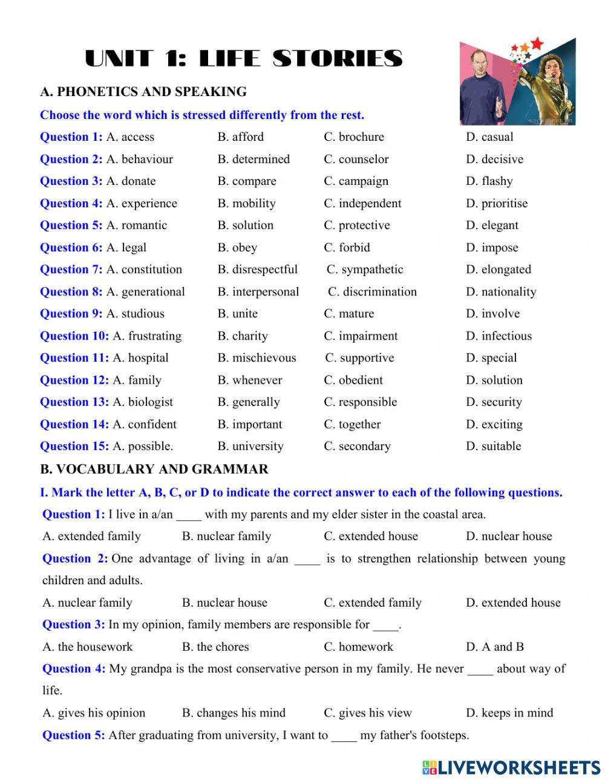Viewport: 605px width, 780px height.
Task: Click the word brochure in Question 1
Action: (x=361, y=137)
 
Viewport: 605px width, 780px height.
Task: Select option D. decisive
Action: (x=494, y=160)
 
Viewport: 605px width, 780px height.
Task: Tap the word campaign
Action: (x=364, y=181)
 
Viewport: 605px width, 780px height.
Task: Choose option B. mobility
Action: (x=246, y=204)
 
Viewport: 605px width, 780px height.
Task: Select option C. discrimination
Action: (x=372, y=292)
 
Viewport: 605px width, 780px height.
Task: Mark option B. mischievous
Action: (x=257, y=358)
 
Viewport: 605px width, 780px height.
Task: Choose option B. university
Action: (x=250, y=446)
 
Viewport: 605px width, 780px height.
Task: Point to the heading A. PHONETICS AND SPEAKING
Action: (x=143, y=92)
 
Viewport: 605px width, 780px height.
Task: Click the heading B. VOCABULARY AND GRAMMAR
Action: (x=154, y=469)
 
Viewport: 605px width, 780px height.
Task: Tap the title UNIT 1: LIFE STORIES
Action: (x=244, y=59)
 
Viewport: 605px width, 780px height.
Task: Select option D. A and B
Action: (x=494, y=647)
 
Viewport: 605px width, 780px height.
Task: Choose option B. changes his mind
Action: (x=234, y=713)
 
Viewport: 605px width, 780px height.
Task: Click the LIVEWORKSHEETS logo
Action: (x=511, y=767)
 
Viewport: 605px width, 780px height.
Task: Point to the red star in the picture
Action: (x=537, y=43)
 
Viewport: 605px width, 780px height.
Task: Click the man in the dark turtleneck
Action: (x=482, y=88)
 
